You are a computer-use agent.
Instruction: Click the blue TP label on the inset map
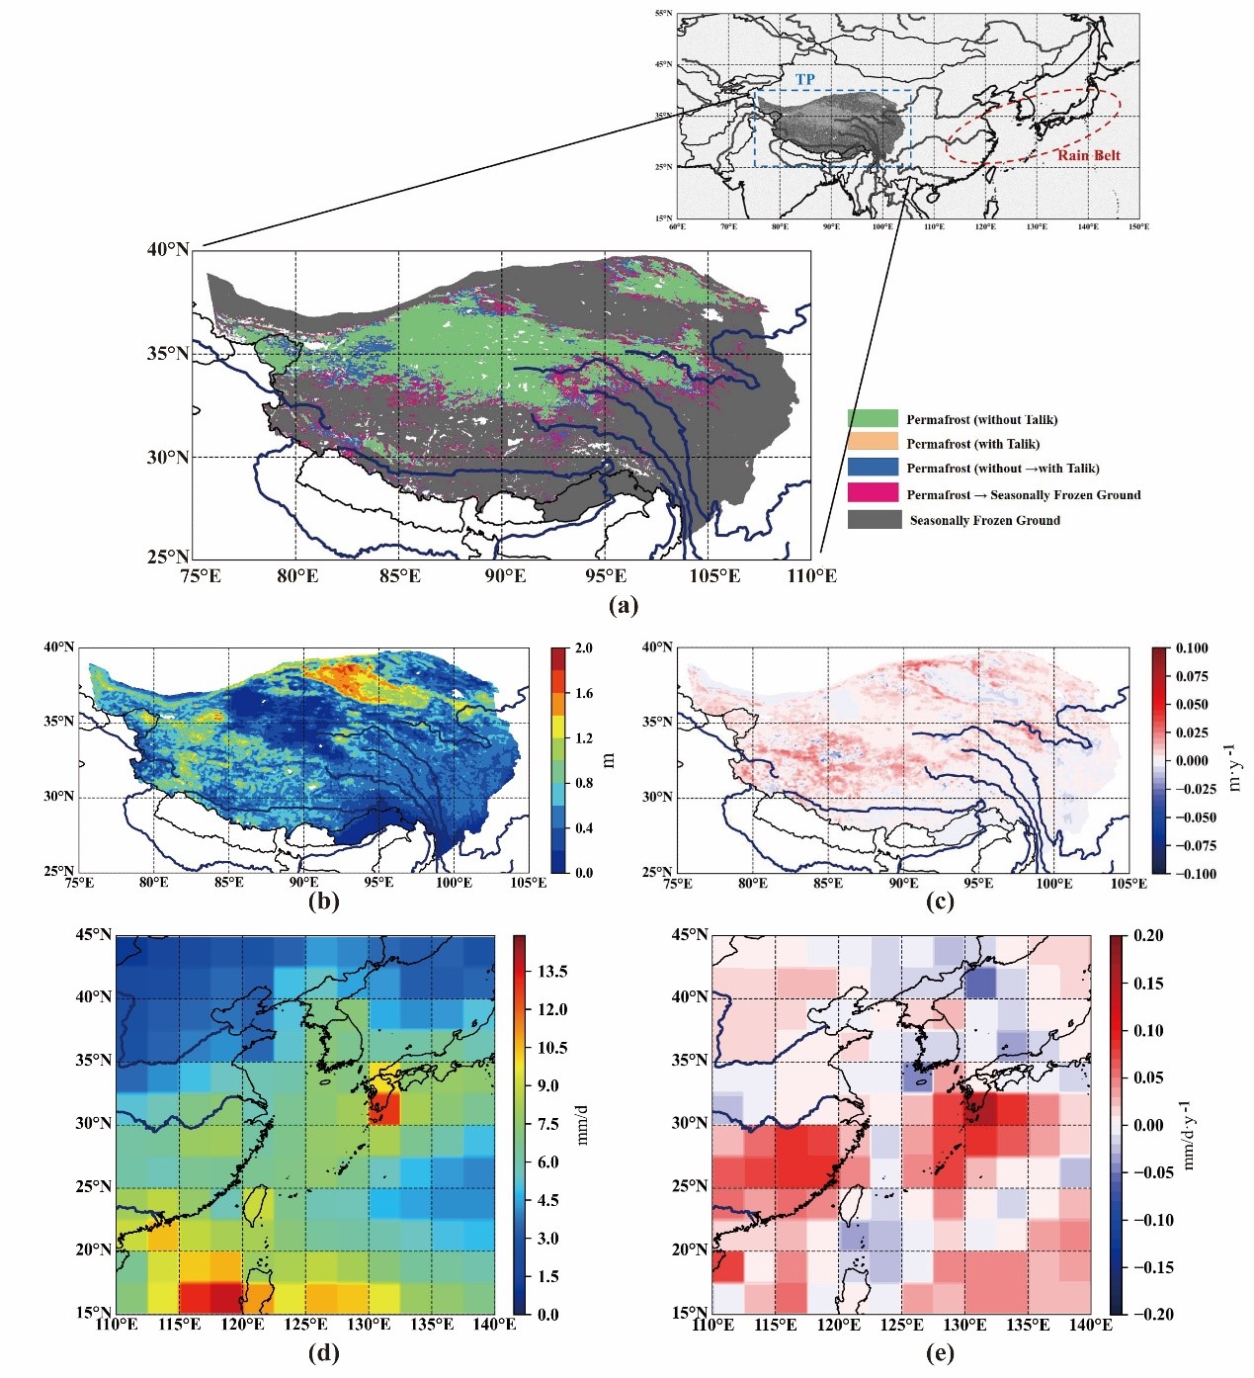[x=805, y=79]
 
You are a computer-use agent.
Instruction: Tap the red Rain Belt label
[x=1088, y=155]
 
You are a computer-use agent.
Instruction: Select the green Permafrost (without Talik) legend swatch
[x=873, y=418]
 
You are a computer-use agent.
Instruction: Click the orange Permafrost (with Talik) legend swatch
[x=873, y=442]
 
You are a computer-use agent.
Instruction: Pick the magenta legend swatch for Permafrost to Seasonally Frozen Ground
[x=873, y=492]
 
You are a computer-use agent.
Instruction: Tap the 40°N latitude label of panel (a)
[x=168, y=249]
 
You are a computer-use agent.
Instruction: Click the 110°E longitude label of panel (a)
[x=811, y=575]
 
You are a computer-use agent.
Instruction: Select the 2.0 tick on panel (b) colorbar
[x=584, y=648]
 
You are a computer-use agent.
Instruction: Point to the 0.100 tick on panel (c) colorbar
[x=1192, y=648]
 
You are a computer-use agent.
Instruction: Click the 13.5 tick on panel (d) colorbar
[x=552, y=971]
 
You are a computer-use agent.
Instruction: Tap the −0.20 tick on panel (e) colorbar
[x=1147, y=1314]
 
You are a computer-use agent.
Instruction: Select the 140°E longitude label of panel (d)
[x=495, y=1325]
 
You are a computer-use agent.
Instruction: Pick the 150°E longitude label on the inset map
[x=1138, y=226]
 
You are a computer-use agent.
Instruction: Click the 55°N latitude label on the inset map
[x=663, y=14]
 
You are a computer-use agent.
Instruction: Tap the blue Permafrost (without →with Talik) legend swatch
[x=873, y=467]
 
